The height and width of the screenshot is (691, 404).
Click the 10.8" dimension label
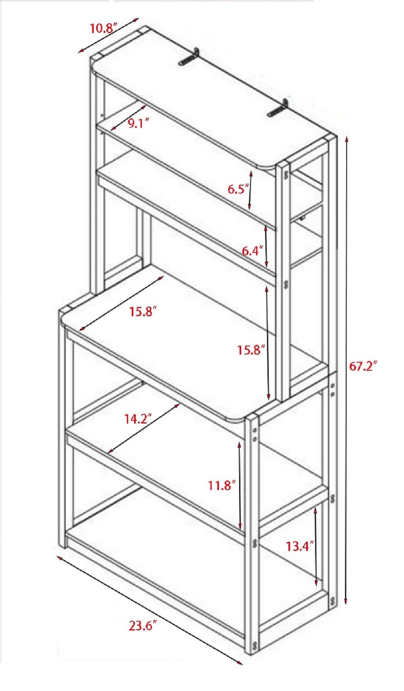coord(103,29)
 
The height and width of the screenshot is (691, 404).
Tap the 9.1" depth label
coord(139,123)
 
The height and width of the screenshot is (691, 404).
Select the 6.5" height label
coord(238,189)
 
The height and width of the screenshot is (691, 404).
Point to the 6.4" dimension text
coord(253,251)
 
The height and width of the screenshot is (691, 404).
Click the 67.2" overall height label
coord(363,366)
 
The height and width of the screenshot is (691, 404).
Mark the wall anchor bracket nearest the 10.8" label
coord(188,57)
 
